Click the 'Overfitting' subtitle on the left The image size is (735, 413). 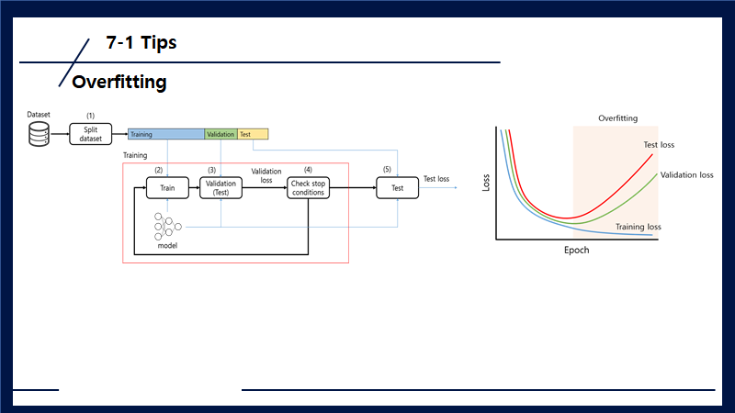(119, 82)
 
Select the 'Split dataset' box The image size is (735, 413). (90, 134)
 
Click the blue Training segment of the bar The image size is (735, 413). (165, 135)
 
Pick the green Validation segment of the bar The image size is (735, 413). (220, 135)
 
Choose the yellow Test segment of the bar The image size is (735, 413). (253, 135)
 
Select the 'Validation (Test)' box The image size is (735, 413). (220, 187)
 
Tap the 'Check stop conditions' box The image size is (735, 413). (308, 187)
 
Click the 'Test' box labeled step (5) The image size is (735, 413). (397, 187)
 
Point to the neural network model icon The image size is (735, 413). (167, 226)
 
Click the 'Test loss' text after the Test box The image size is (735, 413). (436, 179)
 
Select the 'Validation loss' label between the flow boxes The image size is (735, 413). (266, 175)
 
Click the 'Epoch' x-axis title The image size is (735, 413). (576, 250)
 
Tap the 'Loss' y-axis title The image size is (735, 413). (486, 182)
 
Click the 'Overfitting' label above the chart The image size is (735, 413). (617, 118)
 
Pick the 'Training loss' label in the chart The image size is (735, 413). (638, 226)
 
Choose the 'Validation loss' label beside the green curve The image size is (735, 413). (686, 174)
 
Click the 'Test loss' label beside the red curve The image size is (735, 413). (660, 145)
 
